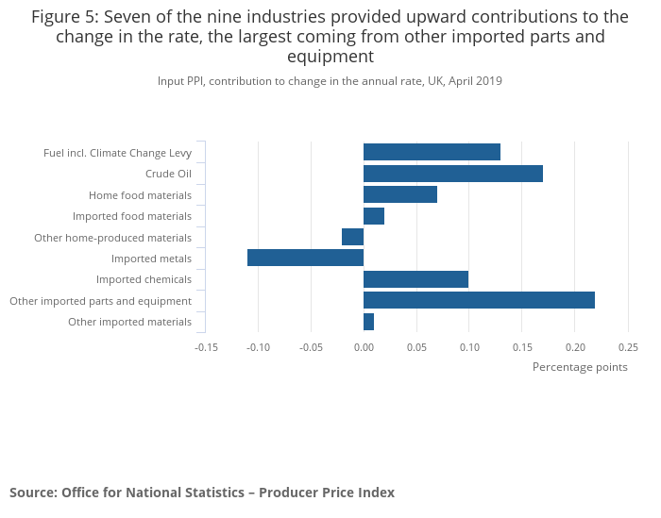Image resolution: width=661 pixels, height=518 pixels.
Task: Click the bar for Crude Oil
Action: pyautogui.click(x=452, y=174)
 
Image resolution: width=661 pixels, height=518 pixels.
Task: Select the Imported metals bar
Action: pyautogui.click(x=305, y=258)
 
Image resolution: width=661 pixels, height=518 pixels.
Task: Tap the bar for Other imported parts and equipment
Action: pyautogui.click(x=479, y=300)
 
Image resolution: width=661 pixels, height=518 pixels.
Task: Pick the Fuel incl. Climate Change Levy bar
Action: pyautogui.click(x=432, y=152)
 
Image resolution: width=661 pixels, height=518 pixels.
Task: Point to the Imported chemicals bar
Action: pyautogui.click(x=415, y=279)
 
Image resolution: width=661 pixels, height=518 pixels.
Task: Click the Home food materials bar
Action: pyautogui.click(x=400, y=194)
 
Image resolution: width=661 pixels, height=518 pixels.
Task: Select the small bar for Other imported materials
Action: pyautogui.click(x=368, y=322)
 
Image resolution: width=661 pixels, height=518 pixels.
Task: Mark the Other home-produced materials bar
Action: pyautogui.click(x=352, y=237)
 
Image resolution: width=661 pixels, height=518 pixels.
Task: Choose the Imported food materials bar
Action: pyautogui.click(x=374, y=216)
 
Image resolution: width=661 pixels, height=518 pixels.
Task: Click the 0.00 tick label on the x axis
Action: pyautogui.click(x=364, y=346)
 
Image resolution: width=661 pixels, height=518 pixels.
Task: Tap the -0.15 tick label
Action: pyautogui.click(x=206, y=346)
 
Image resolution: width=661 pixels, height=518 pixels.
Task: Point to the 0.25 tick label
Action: pyautogui.click(x=627, y=346)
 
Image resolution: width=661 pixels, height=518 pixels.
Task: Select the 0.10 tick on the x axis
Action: pyautogui.click(x=469, y=346)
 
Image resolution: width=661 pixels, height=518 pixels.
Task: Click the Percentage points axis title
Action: pyautogui.click(x=580, y=367)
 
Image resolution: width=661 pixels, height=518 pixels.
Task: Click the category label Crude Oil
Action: pyautogui.click(x=168, y=174)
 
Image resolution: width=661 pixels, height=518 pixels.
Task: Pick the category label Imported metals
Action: pyautogui.click(x=151, y=259)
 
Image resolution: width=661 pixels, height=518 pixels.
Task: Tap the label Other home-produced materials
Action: pyautogui.click(x=112, y=238)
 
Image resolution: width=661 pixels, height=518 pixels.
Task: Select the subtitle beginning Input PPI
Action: pyautogui.click(x=330, y=81)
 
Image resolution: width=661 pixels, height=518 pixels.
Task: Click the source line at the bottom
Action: pyautogui.click(x=202, y=493)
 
